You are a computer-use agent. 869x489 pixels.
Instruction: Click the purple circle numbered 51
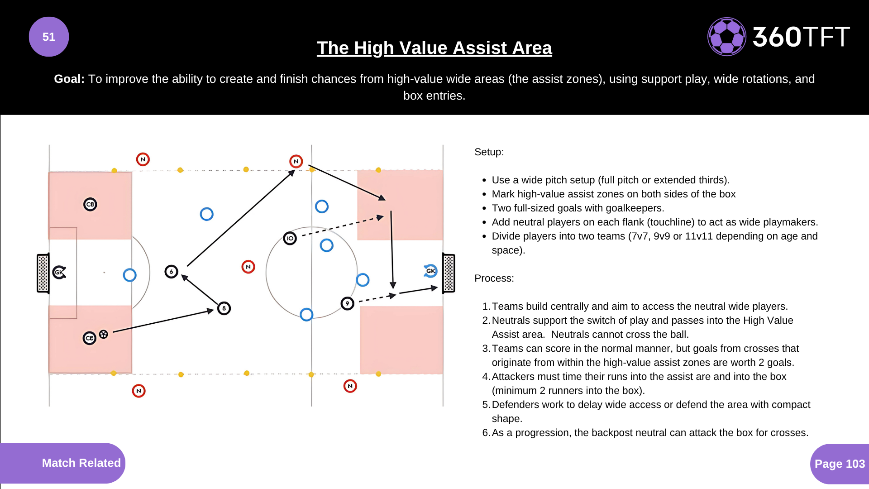click(49, 37)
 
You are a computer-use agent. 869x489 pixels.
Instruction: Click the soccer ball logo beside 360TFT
click(726, 37)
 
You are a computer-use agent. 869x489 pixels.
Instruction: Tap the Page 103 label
click(840, 464)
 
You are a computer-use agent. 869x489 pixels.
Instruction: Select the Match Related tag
click(81, 463)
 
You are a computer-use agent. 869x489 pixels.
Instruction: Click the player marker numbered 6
click(171, 272)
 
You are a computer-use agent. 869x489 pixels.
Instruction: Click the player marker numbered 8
click(224, 308)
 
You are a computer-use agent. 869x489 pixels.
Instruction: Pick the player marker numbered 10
click(290, 238)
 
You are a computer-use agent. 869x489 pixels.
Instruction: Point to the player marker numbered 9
click(347, 303)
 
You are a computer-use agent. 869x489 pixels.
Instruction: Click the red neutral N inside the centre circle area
click(248, 267)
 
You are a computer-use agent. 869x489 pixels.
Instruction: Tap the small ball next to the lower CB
click(104, 334)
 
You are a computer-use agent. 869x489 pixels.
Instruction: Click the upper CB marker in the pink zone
click(90, 204)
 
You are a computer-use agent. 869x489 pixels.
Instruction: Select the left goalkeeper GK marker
click(59, 272)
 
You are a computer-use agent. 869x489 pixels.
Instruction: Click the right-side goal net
click(449, 273)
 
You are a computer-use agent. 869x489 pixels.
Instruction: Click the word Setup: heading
click(489, 152)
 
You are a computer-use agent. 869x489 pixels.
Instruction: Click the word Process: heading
click(494, 278)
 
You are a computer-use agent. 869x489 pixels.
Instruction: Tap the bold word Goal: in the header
click(69, 79)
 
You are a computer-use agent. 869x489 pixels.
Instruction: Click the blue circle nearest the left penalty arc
click(129, 275)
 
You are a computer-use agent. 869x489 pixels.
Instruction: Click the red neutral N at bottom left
click(138, 391)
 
